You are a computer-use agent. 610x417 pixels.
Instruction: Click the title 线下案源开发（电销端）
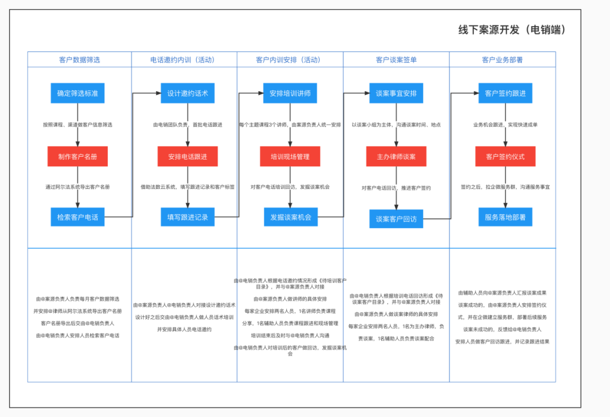pyautogui.click(x=511, y=30)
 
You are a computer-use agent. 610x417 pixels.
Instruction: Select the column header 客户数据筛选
pyautogui.click(x=80, y=59)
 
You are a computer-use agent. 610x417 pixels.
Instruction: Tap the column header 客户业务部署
pyautogui.click(x=502, y=59)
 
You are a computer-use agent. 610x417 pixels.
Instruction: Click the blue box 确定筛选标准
pyautogui.click(x=77, y=93)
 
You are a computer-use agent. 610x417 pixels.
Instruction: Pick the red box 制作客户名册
pyautogui.click(x=77, y=156)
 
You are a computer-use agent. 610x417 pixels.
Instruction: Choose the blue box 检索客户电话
pyautogui.click(x=77, y=217)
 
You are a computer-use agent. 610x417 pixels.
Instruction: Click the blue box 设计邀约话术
pyautogui.click(x=188, y=93)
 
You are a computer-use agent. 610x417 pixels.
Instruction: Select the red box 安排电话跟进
pyautogui.click(x=188, y=156)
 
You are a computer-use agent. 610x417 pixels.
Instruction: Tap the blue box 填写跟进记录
pyautogui.click(x=188, y=217)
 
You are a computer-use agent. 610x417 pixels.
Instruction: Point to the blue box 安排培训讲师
pyautogui.click(x=290, y=93)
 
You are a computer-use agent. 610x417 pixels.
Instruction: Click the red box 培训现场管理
pyautogui.click(x=290, y=156)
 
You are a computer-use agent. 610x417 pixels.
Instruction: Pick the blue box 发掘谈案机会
pyautogui.click(x=290, y=217)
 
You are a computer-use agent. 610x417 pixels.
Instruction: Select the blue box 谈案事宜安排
pyautogui.click(x=396, y=93)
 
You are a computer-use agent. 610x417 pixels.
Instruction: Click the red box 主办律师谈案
pyautogui.click(x=396, y=156)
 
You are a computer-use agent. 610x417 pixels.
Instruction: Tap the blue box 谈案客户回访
pyautogui.click(x=396, y=219)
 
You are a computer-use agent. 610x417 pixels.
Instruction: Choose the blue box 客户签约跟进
pyautogui.click(x=505, y=93)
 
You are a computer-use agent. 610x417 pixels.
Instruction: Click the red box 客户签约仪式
pyautogui.click(x=505, y=156)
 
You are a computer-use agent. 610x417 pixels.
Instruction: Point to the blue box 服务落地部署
pyautogui.click(x=505, y=217)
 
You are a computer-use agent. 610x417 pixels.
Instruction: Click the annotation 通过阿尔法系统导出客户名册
pyautogui.click(x=77, y=186)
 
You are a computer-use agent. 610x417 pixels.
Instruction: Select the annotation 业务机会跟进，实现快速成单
pyautogui.click(x=505, y=124)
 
